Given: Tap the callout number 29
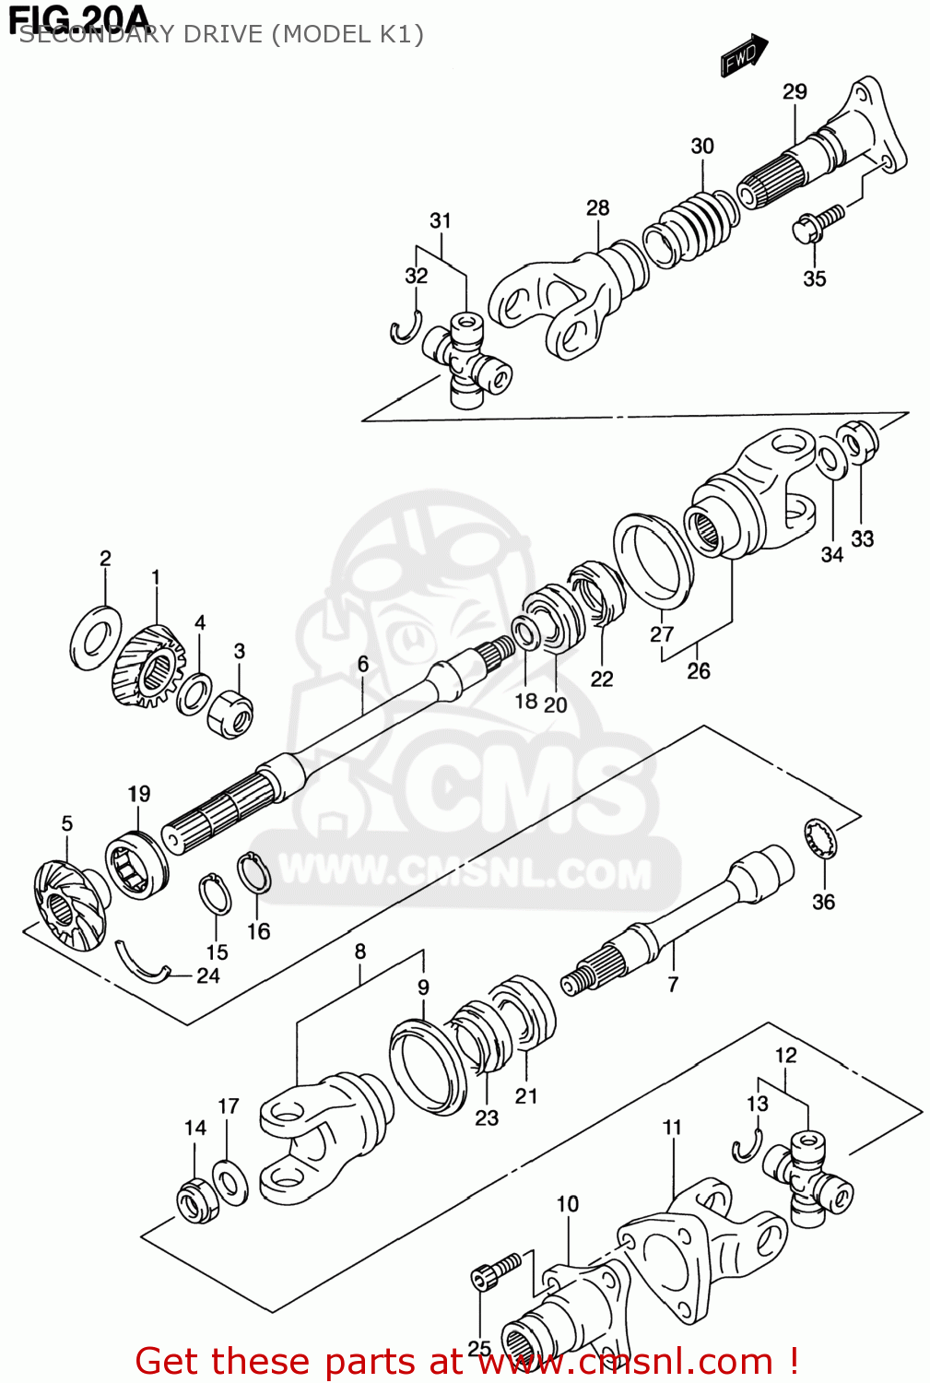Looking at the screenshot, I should tap(795, 91).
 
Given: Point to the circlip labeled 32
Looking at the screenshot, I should tap(405, 328).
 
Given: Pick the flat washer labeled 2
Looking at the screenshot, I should tap(96, 636).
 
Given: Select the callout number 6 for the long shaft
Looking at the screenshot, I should tap(363, 664).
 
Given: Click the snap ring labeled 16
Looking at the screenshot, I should tap(254, 873).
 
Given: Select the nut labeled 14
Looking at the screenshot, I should tap(195, 1200).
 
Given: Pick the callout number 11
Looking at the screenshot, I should tap(672, 1127).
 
